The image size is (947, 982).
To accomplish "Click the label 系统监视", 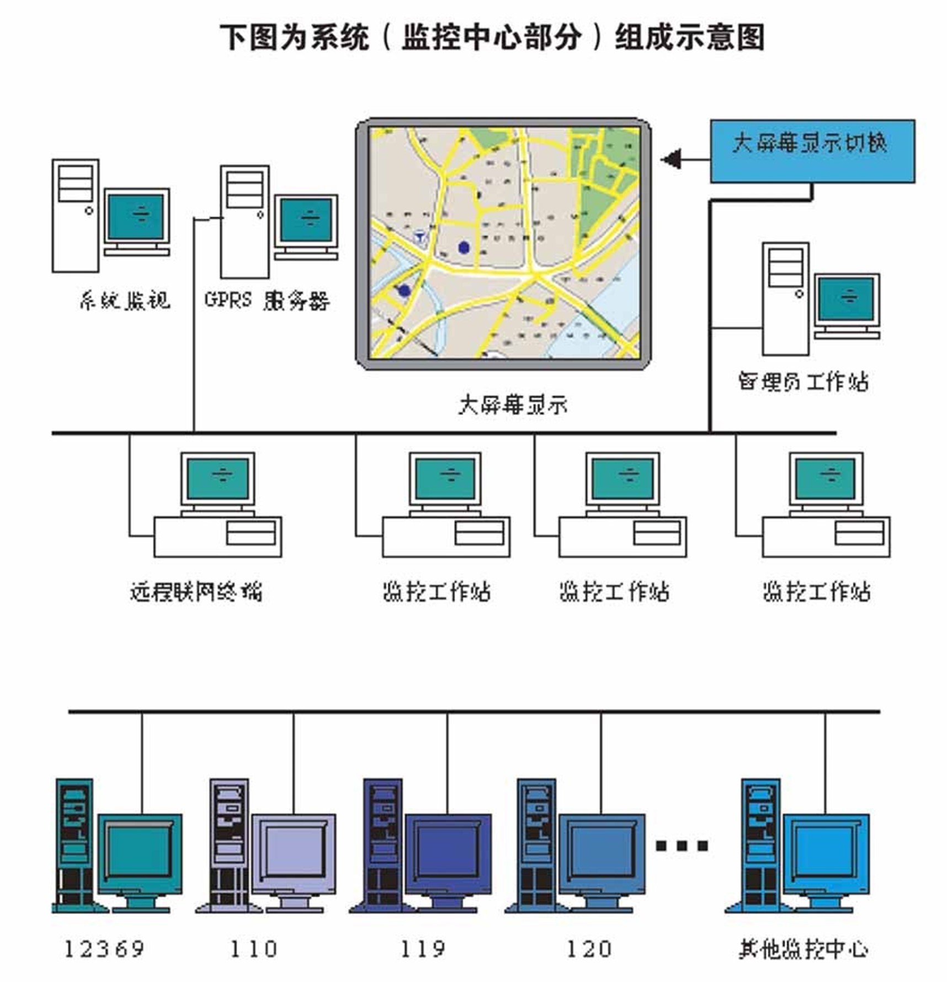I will click(x=125, y=300).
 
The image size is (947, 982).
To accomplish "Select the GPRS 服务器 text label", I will click(x=267, y=300).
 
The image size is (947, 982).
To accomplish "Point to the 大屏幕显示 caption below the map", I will click(x=513, y=405).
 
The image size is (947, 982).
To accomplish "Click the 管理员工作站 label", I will click(x=804, y=381).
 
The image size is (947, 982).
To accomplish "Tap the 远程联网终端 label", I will click(x=196, y=592).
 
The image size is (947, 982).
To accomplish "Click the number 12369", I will click(x=104, y=949).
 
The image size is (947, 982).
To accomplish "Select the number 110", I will click(x=253, y=949).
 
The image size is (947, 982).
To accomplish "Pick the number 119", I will click(x=422, y=949).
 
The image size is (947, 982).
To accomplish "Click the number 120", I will click(x=589, y=949).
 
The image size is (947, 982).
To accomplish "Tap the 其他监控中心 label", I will click(x=804, y=949).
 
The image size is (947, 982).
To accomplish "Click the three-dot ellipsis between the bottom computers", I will click(x=682, y=846).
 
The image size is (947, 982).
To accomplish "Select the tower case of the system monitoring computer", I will click(x=76, y=215).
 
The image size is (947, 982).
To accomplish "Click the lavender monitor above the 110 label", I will click(x=294, y=850).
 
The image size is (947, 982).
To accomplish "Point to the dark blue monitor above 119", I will click(x=448, y=850).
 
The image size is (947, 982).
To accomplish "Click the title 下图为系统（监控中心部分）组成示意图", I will click(x=493, y=38).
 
